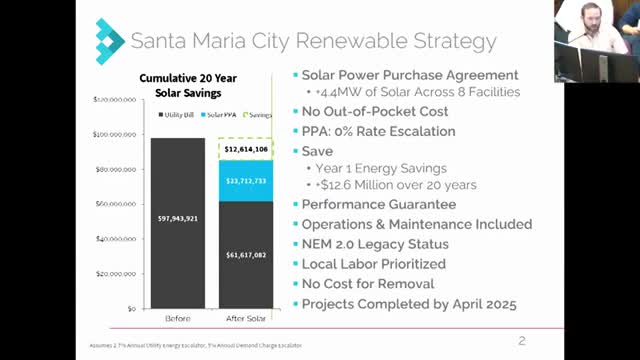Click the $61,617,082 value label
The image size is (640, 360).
[x=246, y=255]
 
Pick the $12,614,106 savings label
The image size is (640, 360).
[x=246, y=149]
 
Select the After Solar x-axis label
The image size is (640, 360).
[x=246, y=324]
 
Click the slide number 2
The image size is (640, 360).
[x=522, y=341]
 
